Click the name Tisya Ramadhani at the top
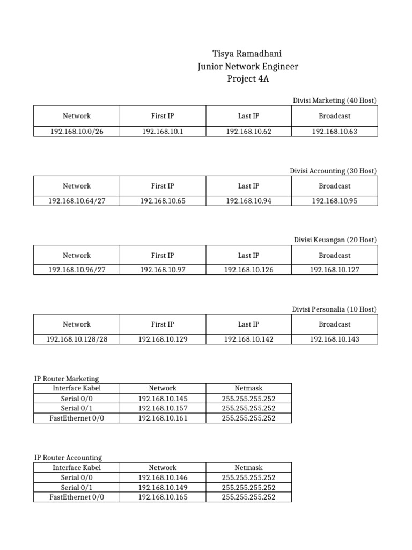coord(247,54)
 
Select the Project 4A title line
coord(247,79)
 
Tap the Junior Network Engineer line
coord(247,67)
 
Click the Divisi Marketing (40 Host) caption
coord(334,100)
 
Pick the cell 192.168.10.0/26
coord(77,132)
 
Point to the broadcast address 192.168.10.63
coord(334,132)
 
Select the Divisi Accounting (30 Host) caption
coord(333,171)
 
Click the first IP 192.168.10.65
coord(163,201)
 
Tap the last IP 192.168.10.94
coord(248,201)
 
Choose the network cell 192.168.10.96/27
coord(77,270)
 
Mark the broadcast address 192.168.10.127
coord(334,270)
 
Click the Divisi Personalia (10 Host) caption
coord(334,309)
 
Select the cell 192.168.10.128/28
coord(77,339)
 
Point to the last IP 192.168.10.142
coord(248,339)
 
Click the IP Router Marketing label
coord(67,379)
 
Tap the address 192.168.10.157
coord(163,408)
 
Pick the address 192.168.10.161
coord(163,418)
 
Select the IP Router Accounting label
coord(68,458)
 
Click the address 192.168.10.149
coord(163,487)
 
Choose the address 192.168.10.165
coord(163,497)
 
